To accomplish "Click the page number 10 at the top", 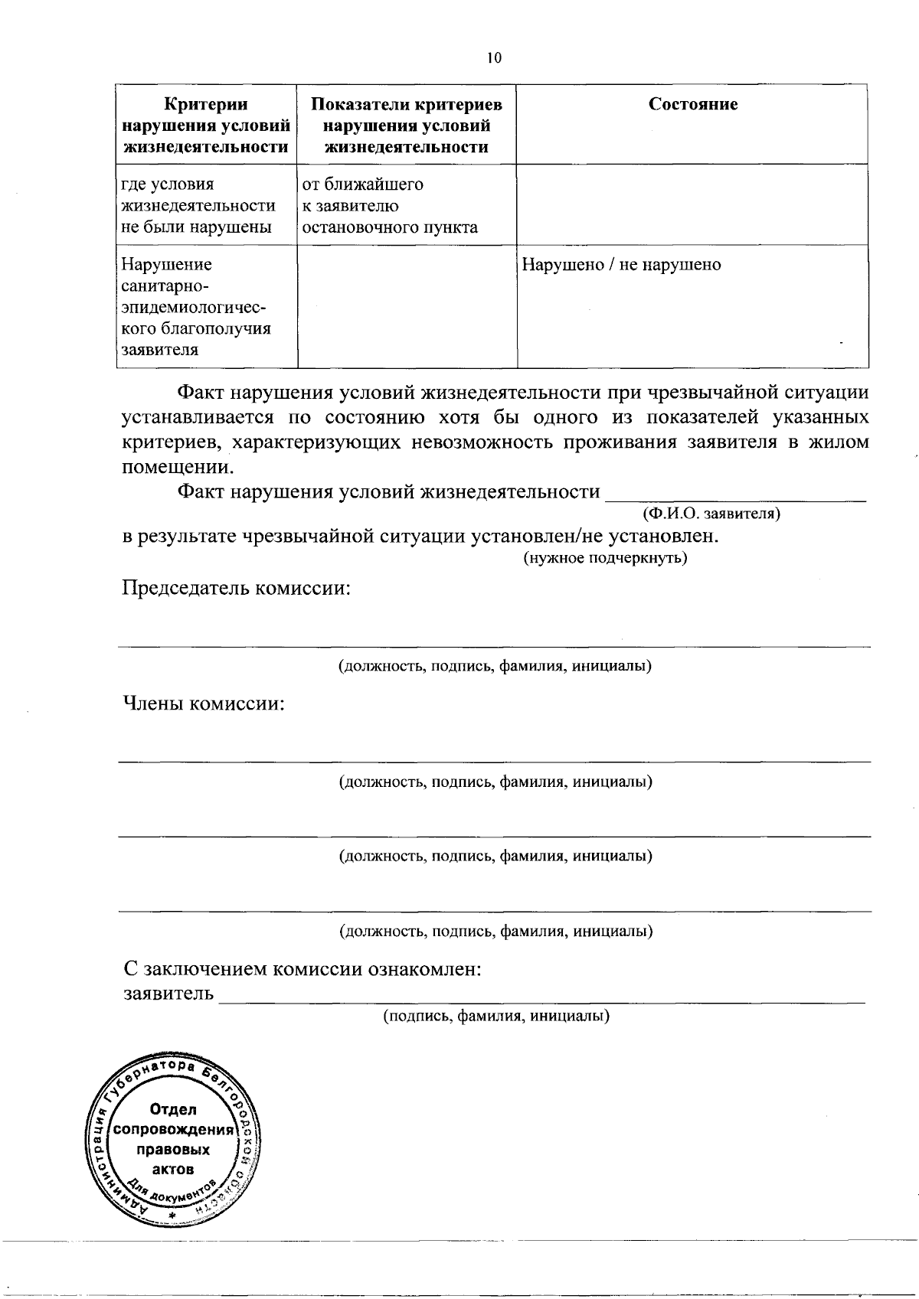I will click(494, 57).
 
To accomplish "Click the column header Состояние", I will click(693, 105).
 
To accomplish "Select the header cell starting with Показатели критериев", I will click(407, 126).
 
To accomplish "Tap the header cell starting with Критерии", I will click(206, 126).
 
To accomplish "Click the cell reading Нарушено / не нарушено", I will click(621, 265).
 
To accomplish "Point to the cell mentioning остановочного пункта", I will click(390, 206).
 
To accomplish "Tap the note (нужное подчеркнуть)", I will click(605, 558).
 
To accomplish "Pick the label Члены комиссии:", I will click(204, 703).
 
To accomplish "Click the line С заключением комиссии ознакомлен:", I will click(303, 969).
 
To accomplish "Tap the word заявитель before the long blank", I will click(168, 994).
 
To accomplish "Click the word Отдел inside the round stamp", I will click(174, 1109).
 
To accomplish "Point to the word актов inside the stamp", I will click(173, 1169).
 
